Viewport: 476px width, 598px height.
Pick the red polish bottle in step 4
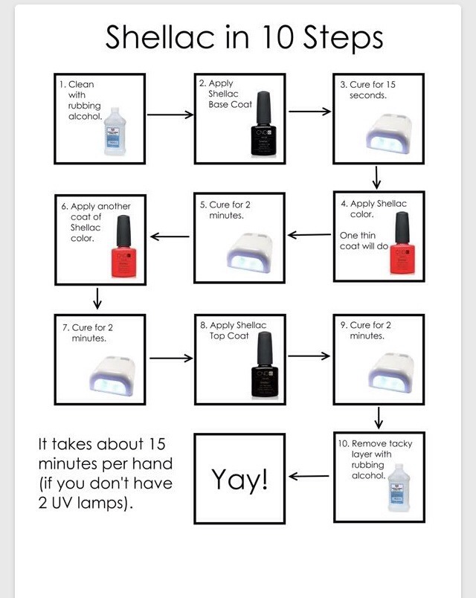(x=402, y=242)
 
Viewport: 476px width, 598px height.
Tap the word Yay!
(x=239, y=480)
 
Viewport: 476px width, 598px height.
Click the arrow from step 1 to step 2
(x=170, y=115)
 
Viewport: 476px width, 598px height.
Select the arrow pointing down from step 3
(x=378, y=178)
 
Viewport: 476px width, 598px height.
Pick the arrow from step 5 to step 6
(x=170, y=237)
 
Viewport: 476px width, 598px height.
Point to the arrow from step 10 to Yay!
(x=309, y=477)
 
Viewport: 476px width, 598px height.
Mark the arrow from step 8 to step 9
(x=309, y=356)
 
